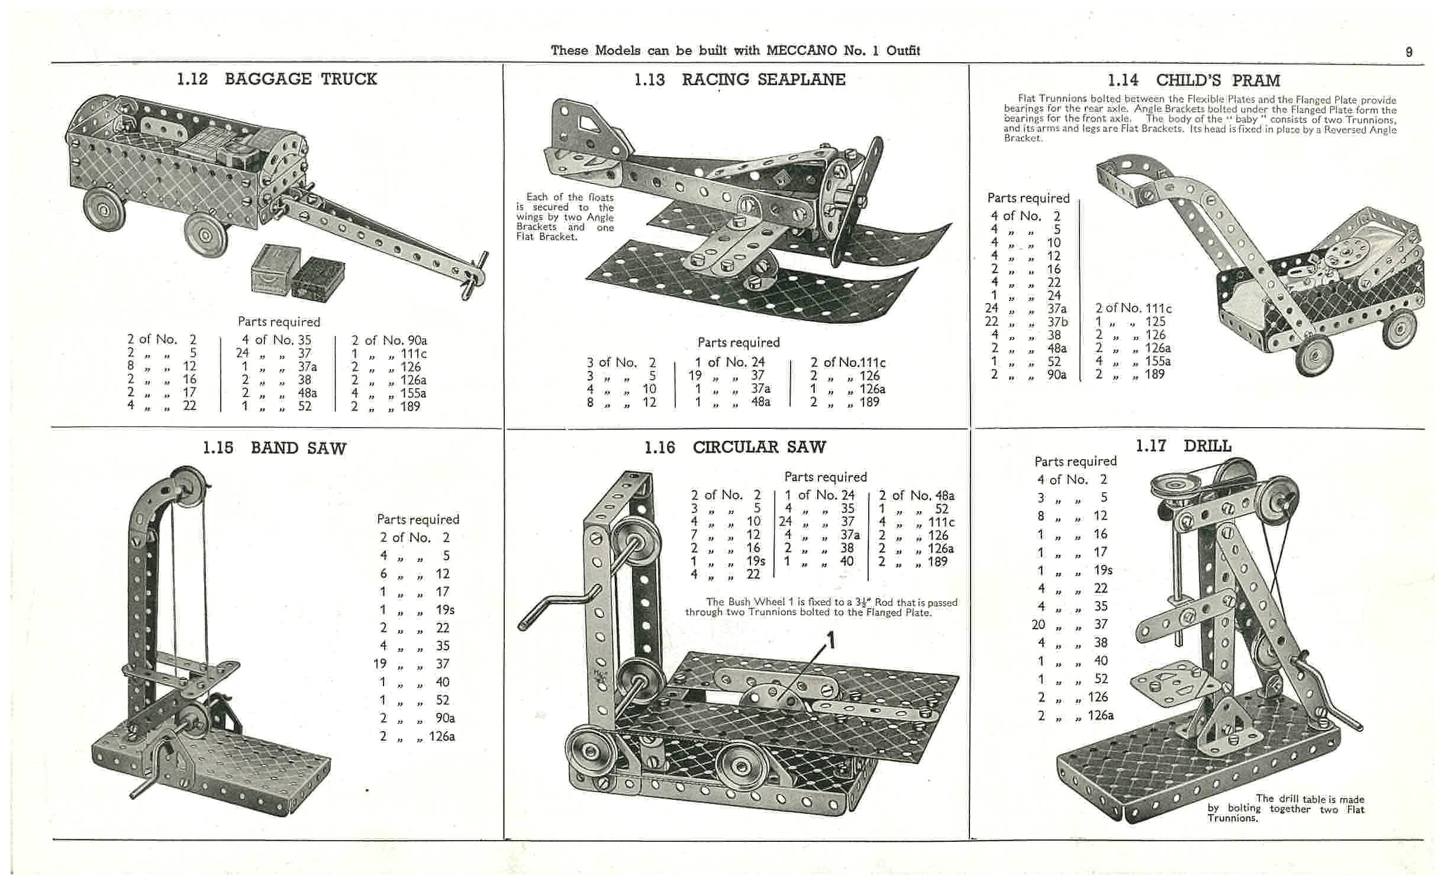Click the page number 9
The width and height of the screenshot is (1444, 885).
click(x=1408, y=52)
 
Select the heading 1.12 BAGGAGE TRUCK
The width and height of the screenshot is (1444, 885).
click(x=277, y=79)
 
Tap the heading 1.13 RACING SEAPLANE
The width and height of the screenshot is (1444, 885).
click(x=739, y=80)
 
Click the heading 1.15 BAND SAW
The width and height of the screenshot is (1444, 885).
click(x=274, y=448)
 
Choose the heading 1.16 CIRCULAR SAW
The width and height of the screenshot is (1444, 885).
click(x=735, y=447)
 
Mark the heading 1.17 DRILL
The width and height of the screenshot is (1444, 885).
click(x=1183, y=446)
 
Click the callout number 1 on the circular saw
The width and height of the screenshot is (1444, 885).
click(x=831, y=640)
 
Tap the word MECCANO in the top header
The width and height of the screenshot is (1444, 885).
click(x=801, y=51)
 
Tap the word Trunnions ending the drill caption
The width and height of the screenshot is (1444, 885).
click(x=1232, y=818)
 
